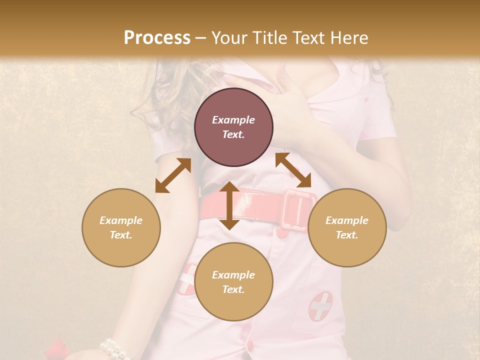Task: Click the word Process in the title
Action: point(157,37)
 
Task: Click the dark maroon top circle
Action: point(233,127)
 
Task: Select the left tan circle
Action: point(121,227)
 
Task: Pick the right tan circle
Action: point(346,227)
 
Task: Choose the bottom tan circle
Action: point(233,282)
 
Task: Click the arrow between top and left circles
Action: point(173,175)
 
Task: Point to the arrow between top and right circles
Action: point(293,170)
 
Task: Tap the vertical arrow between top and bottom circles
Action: point(229,205)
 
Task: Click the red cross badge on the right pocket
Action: point(320,306)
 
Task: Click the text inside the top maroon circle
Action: point(233,127)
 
